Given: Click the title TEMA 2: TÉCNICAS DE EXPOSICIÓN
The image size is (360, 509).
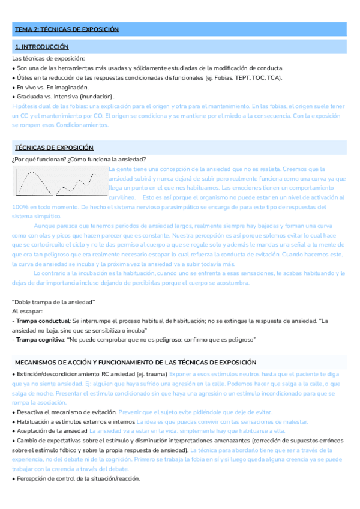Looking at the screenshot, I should [x=67, y=29].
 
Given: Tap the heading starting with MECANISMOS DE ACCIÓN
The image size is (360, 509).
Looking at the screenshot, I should [x=136, y=363].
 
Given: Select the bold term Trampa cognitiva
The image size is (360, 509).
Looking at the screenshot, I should [x=40, y=340].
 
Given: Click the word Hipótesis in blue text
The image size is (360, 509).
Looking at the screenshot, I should [x=25, y=106].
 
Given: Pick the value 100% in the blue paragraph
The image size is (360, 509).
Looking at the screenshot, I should [x=20, y=206].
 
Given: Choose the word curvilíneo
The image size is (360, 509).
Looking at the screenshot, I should [x=123, y=197].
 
